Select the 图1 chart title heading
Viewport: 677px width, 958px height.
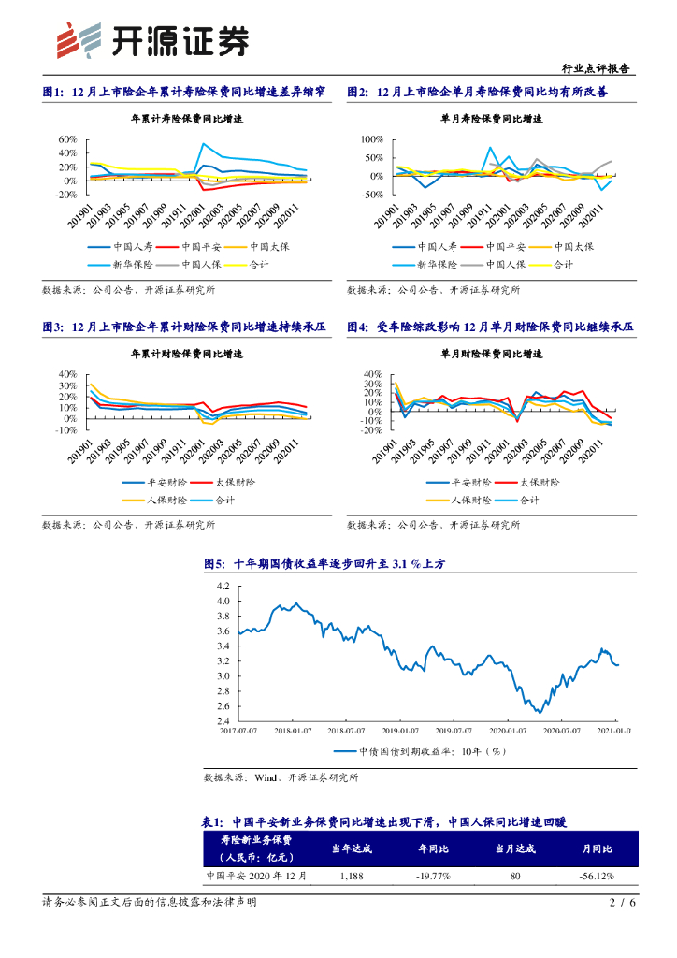pyautogui.click(x=184, y=93)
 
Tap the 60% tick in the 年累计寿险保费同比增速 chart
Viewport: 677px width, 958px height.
pyautogui.click(x=67, y=139)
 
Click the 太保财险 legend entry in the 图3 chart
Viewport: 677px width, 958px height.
pyautogui.click(x=228, y=482)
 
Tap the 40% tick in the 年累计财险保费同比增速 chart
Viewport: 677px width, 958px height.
pyautogui.click(x=67, y=373)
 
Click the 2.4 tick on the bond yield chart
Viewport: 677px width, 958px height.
pyautogui.click(x=223, y=721)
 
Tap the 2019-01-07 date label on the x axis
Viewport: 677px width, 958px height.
pyautogui.click(x=405, y=730)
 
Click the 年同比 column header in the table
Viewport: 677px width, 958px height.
pyautogui.click(x=434, y=849)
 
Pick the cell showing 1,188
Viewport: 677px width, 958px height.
pyautogui.click(x=352, y=877)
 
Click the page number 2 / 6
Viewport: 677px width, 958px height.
pyautogui.click(x=622, y=902)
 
